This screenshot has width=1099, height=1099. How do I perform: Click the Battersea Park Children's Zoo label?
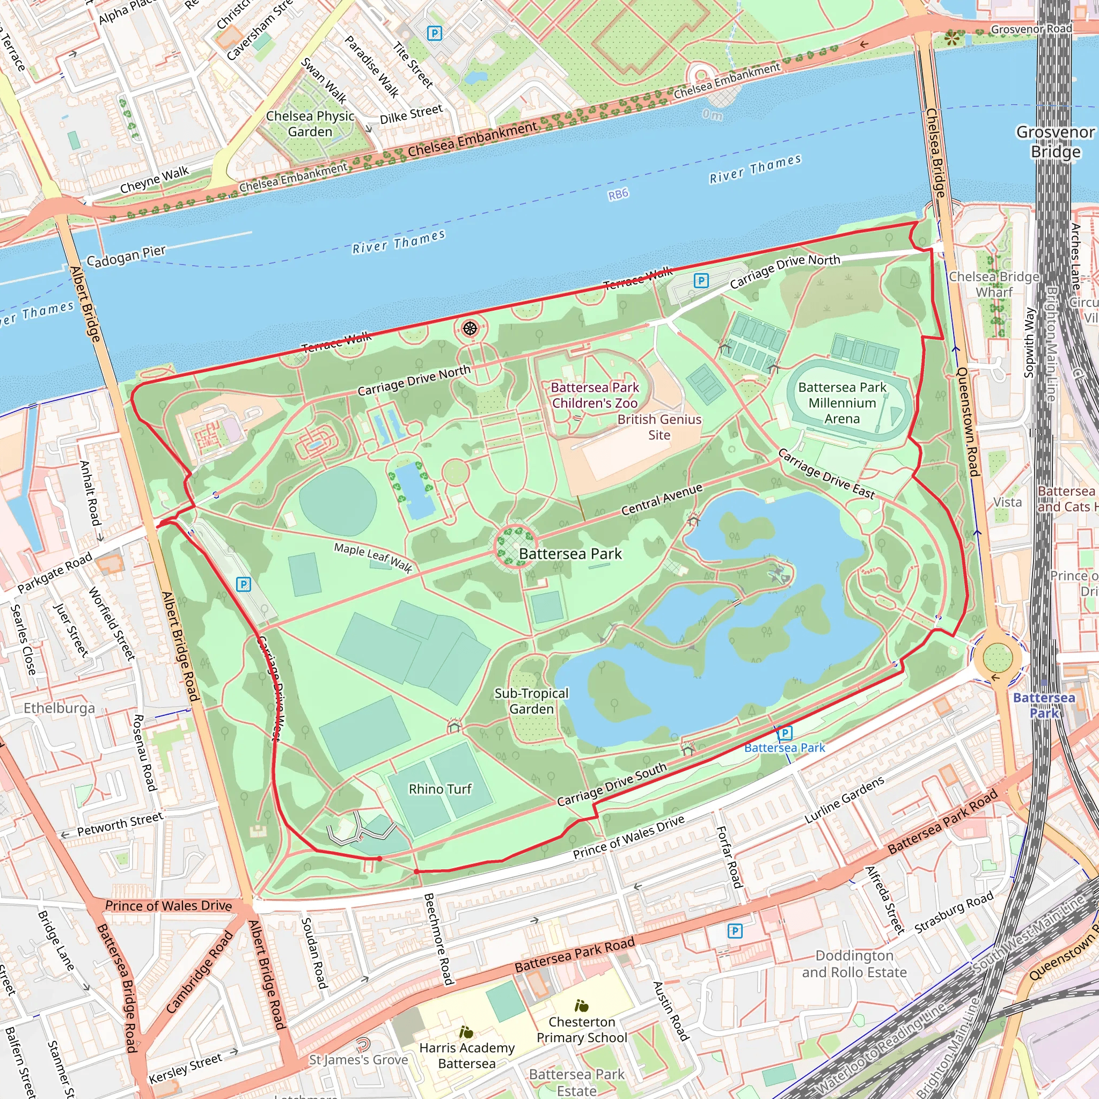595,395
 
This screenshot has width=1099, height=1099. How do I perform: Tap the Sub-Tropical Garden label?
531,701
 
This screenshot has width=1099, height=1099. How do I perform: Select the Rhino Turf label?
439,789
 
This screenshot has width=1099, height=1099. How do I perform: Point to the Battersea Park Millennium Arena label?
842,403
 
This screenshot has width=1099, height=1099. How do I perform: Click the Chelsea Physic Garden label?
310,123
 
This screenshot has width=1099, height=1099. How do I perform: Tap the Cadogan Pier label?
126,256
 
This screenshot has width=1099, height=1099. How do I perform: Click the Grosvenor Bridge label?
1055,142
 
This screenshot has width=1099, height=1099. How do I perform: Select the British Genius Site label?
660,427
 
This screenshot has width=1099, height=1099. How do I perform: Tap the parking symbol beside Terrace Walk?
701,281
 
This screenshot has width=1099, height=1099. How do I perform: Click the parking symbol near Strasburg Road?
735,931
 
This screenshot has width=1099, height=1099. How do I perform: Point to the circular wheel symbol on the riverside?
470,328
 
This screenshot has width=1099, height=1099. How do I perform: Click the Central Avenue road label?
662,500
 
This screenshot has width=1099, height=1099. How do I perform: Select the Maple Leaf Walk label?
373,557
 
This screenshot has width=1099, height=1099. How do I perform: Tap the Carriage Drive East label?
825,473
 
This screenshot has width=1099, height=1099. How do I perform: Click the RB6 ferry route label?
618,194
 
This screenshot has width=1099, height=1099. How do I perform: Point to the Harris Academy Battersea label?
466,1055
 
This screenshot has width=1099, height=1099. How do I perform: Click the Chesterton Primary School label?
581,1030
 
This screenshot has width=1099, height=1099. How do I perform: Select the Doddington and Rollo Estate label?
854,964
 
